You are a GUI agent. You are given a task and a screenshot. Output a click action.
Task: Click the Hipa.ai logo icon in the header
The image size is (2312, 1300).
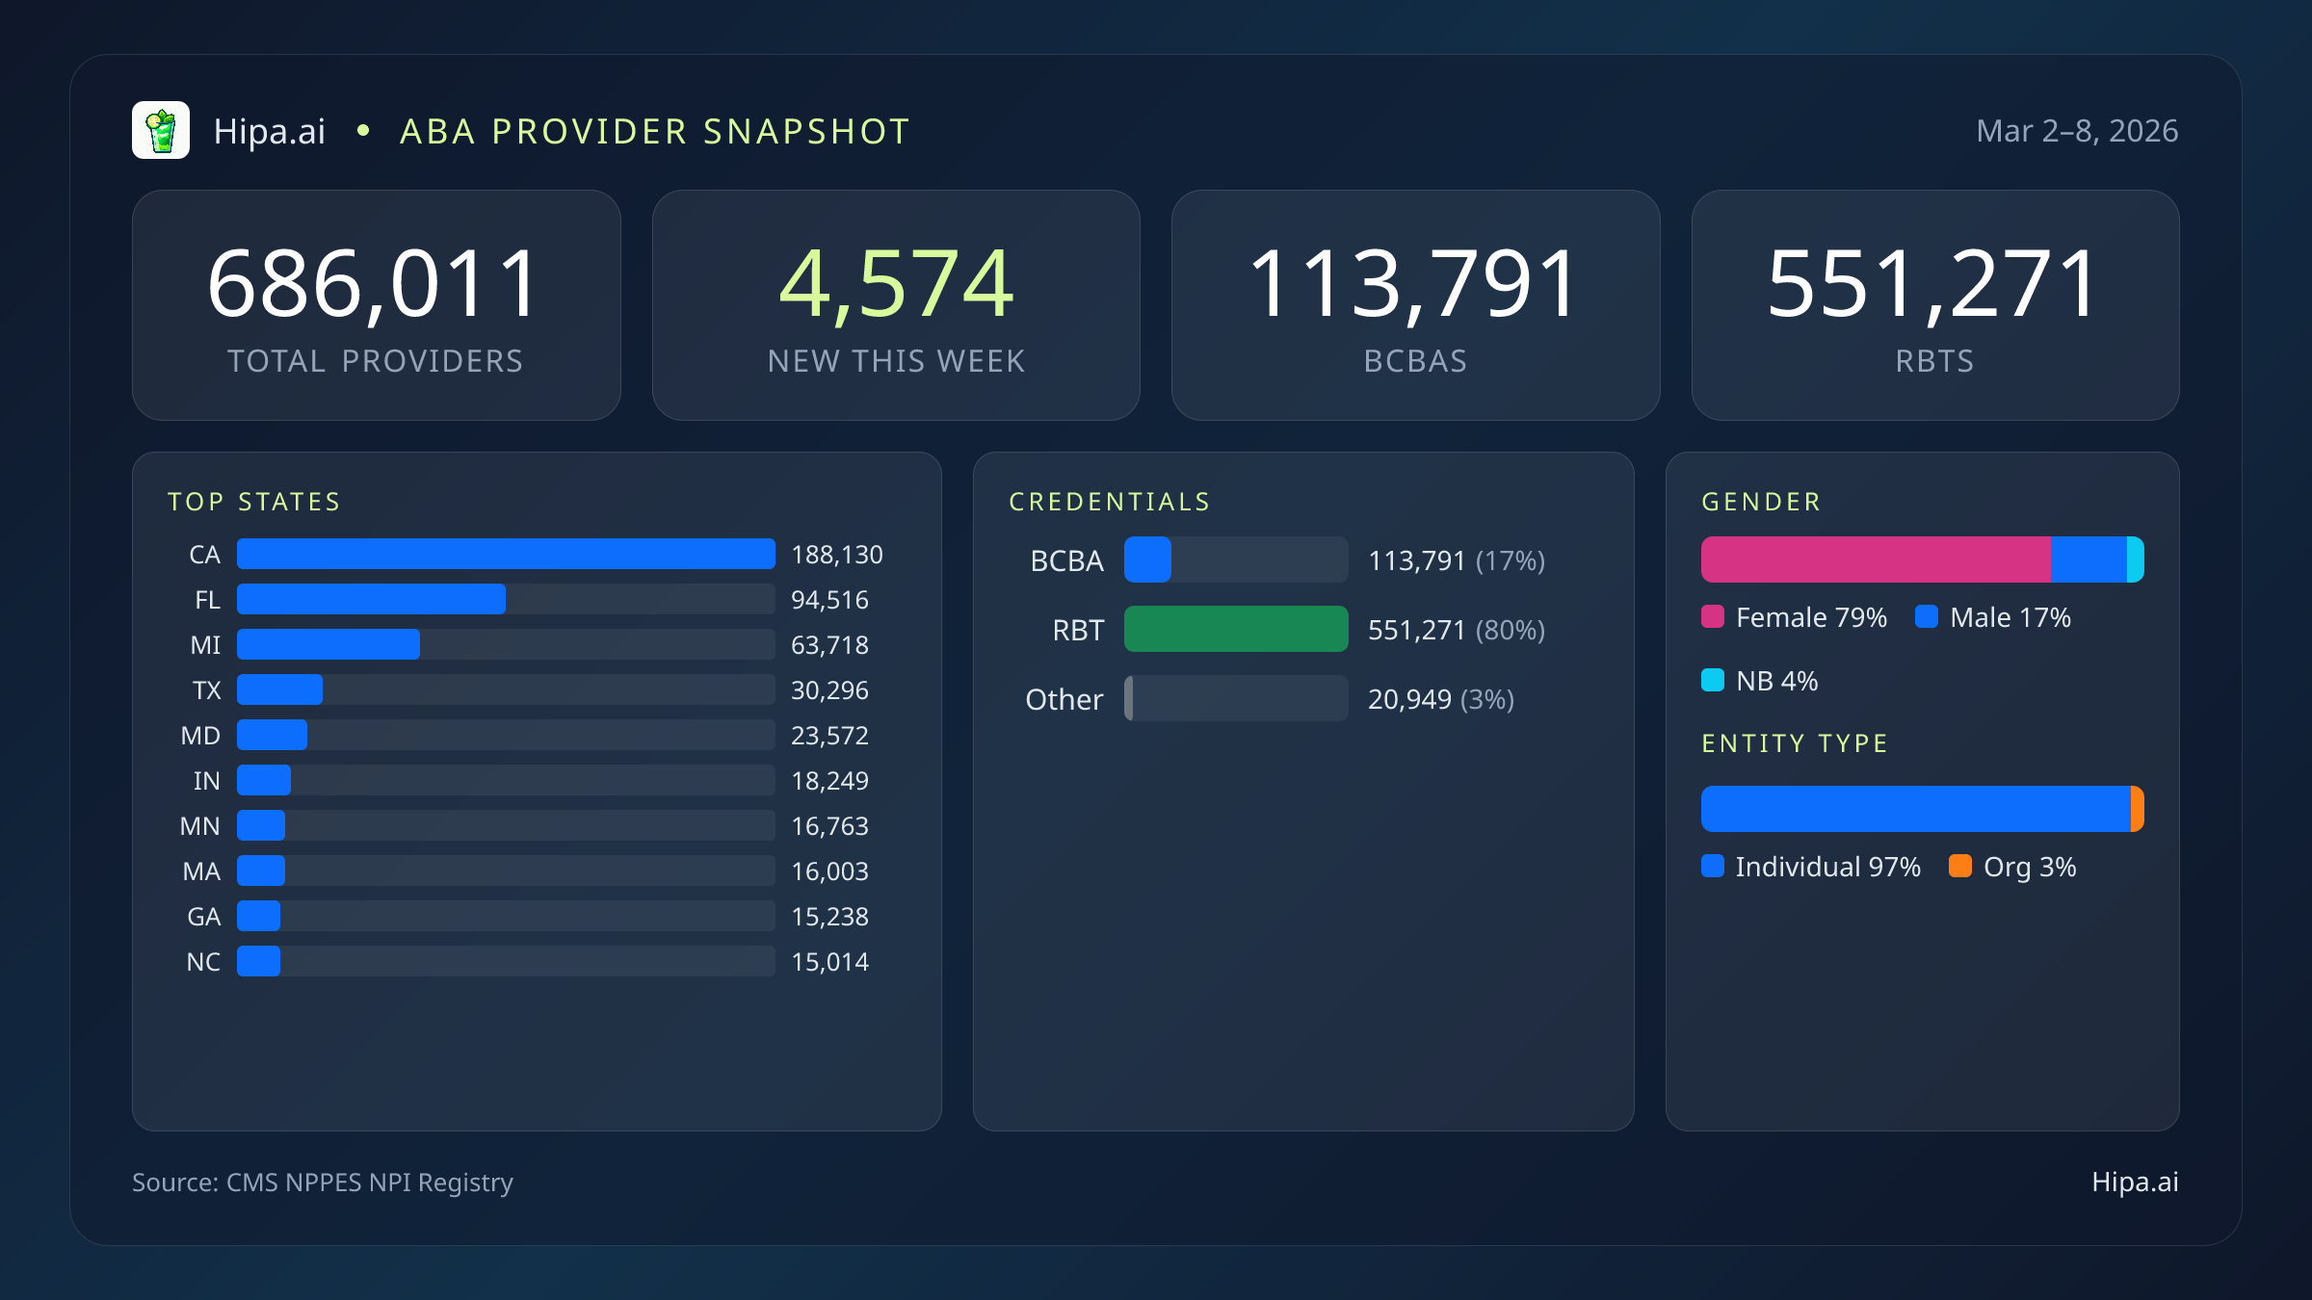tap(161, 130)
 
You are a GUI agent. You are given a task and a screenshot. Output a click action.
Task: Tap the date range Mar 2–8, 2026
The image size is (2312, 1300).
tap(2076, 131)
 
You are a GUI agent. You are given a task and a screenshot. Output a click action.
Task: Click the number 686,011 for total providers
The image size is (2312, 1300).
tap(374, 283)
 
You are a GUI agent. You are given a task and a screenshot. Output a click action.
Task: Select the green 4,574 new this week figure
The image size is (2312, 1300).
tap(896, 283)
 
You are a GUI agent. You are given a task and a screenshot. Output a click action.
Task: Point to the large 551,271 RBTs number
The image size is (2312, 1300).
tap(1933, 283)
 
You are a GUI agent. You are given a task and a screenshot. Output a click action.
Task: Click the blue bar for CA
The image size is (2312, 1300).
tap(506, 554)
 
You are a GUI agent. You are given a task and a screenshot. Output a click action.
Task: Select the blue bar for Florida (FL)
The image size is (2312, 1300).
tap(371, 599)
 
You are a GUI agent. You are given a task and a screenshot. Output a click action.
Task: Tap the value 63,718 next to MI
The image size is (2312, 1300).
tap(829, 645)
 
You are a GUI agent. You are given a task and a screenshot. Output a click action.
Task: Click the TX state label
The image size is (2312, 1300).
tap(206, 690)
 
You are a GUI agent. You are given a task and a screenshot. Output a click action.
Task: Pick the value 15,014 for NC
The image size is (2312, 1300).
tap(829, 962)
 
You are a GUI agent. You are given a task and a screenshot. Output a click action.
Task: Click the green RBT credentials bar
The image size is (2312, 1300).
tap(1236, 629)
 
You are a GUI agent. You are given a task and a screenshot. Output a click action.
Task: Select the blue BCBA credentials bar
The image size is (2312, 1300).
tap(1147, 559)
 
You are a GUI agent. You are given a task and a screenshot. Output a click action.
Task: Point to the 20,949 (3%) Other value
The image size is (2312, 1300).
tap(1440, 699)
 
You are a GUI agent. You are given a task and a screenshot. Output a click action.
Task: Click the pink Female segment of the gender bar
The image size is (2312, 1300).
tap(1876, 559)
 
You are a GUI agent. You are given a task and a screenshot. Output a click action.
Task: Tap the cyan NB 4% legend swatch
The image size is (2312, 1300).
tap(1713, 680)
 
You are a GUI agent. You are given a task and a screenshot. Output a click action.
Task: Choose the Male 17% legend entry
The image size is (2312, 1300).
tap(1993, 617)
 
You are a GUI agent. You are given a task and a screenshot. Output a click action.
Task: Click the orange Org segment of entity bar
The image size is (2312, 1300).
tap(2137, 809)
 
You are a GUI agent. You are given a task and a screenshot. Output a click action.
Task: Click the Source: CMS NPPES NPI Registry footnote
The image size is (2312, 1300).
tap(323, 1183)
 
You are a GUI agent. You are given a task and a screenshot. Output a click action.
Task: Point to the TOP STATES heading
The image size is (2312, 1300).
tap(254, 502)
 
